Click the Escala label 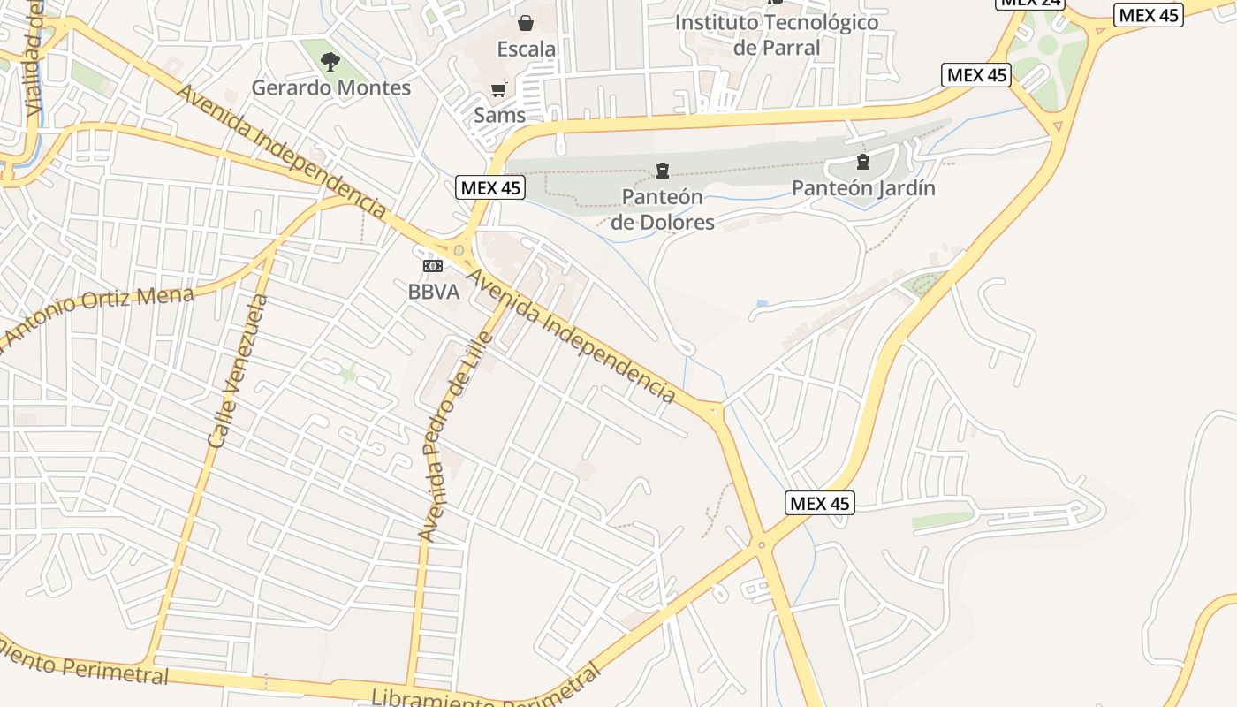point(526,49)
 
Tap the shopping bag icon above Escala point(526,23)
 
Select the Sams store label point(499,115)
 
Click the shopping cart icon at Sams point(499,89)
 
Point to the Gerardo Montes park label point(331,88)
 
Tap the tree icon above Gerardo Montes point(330,62)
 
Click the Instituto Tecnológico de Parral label point(777,34)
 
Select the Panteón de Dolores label point(663,209)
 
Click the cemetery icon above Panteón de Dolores point(663,171)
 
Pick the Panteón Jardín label point(863,188)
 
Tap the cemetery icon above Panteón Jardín point(863,162)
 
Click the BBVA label point(434,292)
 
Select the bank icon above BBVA point(432,266)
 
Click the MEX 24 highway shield point(1029,3)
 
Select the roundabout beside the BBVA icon point(459,251)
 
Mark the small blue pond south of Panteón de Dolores point(762,304)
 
